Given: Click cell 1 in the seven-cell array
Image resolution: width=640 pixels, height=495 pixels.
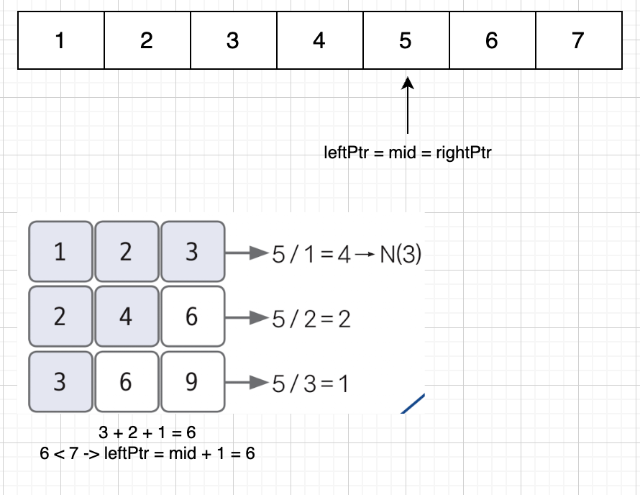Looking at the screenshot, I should (60, 41).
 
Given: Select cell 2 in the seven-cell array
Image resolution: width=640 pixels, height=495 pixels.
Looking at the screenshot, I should (147, 41).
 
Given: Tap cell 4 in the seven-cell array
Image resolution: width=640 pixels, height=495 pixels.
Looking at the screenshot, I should (319, 41).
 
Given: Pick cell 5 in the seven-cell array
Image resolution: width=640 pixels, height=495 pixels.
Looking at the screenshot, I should (406, 41).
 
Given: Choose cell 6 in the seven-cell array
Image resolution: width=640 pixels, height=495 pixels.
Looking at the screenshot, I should (492, 41).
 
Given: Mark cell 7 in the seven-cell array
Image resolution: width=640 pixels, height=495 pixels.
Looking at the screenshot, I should (578, 41).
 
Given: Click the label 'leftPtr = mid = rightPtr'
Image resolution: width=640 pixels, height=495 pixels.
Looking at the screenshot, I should (408, 153).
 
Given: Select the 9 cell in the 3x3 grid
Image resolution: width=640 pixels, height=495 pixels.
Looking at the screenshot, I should (191, 381).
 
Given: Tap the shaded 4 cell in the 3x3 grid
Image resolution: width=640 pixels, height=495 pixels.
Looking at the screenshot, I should (126, 317).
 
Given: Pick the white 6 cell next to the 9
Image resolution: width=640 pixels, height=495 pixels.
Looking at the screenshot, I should (126, 381).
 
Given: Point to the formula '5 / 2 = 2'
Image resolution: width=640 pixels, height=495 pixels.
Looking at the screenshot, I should (311, 319).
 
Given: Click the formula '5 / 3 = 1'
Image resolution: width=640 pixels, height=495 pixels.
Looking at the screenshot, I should (310, 383).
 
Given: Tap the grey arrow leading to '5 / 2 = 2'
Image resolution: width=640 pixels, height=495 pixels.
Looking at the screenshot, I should (247, 317).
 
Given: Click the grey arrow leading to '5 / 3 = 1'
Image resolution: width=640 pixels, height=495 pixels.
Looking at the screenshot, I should (247, 382).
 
